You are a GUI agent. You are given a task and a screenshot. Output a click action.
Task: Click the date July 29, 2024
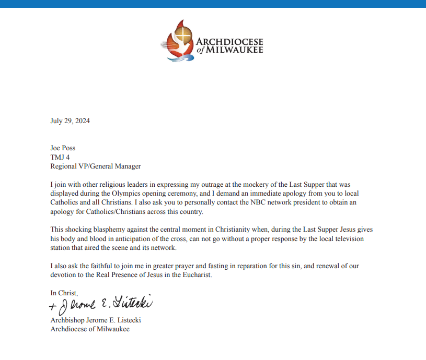click(70, 121)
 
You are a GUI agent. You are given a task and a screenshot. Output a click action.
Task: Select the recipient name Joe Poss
click(63, 148)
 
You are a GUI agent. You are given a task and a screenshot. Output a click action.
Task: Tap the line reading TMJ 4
click(60, 157)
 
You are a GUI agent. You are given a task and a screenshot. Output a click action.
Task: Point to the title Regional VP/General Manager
click(96, 166)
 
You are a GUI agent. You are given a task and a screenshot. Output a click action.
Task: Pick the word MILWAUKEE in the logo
click(235, 50)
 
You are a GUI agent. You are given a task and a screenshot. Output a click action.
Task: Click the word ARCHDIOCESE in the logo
click(229, 41)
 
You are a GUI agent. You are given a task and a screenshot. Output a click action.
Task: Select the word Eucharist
click(197, 275)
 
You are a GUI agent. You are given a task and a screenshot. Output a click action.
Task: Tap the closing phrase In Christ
click(64, 293)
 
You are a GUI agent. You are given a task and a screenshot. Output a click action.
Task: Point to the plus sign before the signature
click(52, 306)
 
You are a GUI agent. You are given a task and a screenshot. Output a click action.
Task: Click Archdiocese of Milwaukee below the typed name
click(90, 329)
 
